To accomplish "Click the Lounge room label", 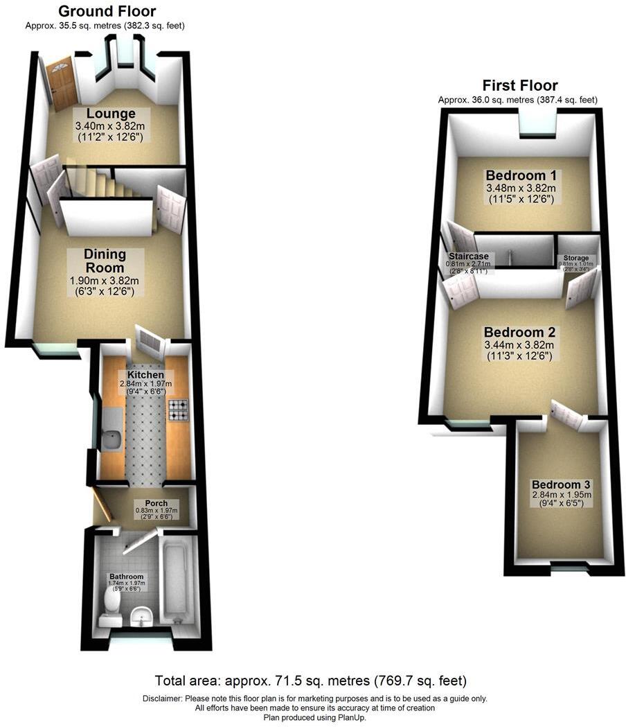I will [x=110, y=114].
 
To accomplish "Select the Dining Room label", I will [x=104, y=261].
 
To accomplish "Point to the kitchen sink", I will [x=111, y=437].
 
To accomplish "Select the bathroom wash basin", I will [x=142, y=615].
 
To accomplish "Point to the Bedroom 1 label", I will [x=521, y=175].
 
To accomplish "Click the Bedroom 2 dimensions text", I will [x=519, y=351].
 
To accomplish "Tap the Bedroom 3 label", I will [x=561, y=484].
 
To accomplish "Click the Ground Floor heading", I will [x=107, y=11].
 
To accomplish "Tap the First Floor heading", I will [x=519, y=86].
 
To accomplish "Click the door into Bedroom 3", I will [x=566, y=416].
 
